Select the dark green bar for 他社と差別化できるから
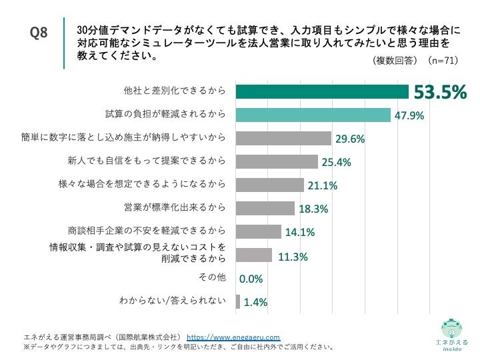tap(322, 91)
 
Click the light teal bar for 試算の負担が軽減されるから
tap(313, 115)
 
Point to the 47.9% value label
tap(409, 115)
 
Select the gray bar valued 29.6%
tap(283, 138)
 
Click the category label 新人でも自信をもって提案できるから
tap(147, 161)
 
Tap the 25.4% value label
tap(336, 162)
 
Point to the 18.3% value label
tap(313, 209)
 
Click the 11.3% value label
tap(293, 255)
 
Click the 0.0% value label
tap(251, 279)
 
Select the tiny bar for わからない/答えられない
tap(237, 301)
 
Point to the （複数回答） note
tap(396, 60)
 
